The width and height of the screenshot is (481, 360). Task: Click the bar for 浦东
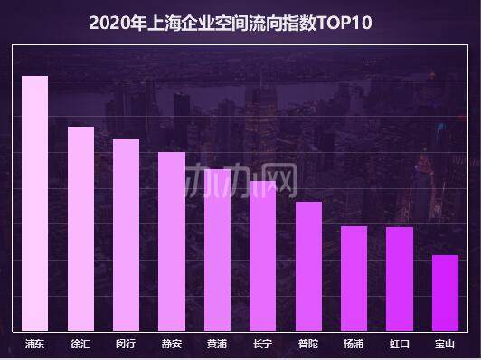[35, 204]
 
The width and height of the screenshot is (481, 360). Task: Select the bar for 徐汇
[80, 229]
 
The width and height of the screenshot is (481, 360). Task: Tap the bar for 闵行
[126, 235]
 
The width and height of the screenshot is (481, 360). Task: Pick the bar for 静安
[172, 242]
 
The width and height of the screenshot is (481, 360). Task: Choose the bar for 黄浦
[217, 250]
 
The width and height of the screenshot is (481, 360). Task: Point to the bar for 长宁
[262, 256]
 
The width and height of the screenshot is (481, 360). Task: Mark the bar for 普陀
[308, 266]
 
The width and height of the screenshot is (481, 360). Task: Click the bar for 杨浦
[354, 279]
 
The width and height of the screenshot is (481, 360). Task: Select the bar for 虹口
[399, 279]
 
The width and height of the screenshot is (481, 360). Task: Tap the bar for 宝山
[445, 293]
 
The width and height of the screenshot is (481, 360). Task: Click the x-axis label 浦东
[35, 345]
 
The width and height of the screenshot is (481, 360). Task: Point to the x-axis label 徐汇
[80, 345]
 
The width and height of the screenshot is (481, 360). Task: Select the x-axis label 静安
[172, 345]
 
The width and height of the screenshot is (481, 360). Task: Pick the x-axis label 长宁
[262, 345]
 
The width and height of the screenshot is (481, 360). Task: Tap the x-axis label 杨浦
[354, 345]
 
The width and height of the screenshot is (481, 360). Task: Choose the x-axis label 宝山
[445, 345]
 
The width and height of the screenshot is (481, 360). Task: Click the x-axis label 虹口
[399, 345]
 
